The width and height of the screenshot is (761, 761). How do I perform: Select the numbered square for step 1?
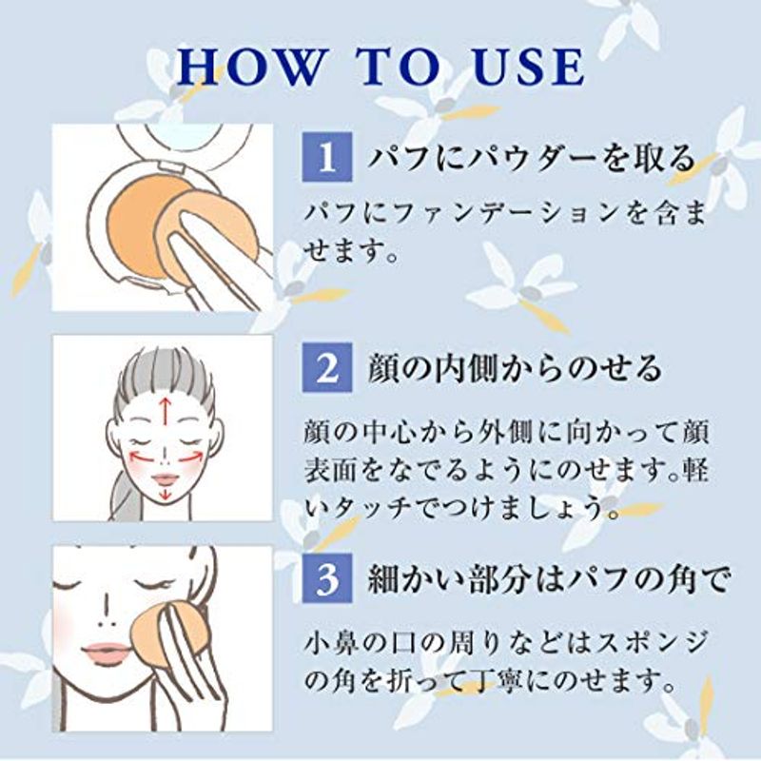click(327, 157)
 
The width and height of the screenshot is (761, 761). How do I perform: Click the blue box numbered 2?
click(327, 367)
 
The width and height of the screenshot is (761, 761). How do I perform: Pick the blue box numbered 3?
click(327, 578)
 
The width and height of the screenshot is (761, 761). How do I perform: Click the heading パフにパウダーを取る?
click(531, 158)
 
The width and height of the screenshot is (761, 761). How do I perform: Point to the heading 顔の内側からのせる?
click(515, 368)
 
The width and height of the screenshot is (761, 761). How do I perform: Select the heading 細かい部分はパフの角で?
click(549, 579)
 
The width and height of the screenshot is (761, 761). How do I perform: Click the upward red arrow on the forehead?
click(166, 411)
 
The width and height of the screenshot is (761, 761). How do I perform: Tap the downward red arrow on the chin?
click(166, 492)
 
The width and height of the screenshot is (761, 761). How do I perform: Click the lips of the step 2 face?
click(165, 479)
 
